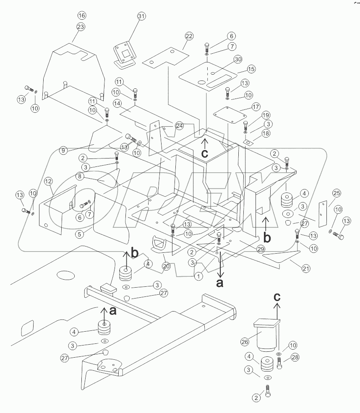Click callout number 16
pyautogui.click(x=81, y=16)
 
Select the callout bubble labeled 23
pyautogui.click(x=81, y=26)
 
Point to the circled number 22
pyautogui.click(x=189, y=36)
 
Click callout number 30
pyautogui.click(x=238, y=60)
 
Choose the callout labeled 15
pyautogui.click(x=251, y=69)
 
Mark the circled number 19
pyautogui.click(x=255, y=115)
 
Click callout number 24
pyautogui.click(x=180, y=125)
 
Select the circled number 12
pyautogui.click(x=48, y=181)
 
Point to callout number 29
pyautogui.click(x=261, y=249)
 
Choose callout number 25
pyautogui.click(x=336, y=193)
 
